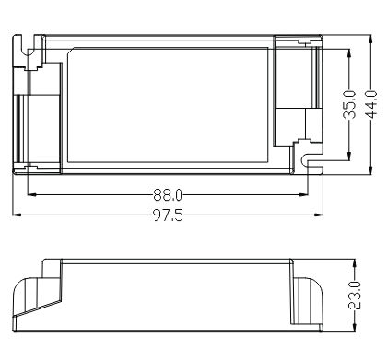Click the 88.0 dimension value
click(168, 194)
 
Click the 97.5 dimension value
click(168, 215)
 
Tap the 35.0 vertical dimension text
click(349, 104)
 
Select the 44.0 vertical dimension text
click(371, 104)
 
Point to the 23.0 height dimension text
click(355, 296)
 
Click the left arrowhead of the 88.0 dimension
click(32, 194)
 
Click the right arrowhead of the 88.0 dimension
click(303, 194)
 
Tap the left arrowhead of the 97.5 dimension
click(17, 215)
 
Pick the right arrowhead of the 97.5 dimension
click(319, 215)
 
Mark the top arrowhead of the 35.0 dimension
click(349, 53)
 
